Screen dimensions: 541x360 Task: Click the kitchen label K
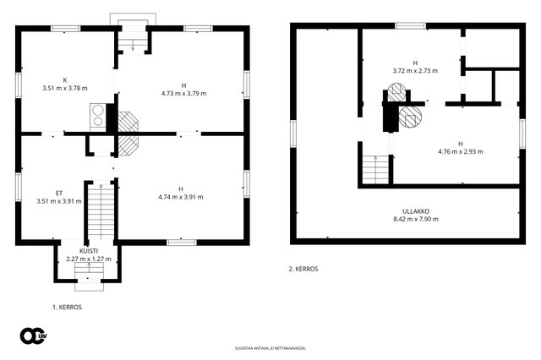tap(65, 80)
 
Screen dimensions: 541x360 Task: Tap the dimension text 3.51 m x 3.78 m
tap(65, 88)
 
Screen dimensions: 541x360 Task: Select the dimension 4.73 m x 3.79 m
tap(184, 94)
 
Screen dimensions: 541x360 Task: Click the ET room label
tap(59, 194)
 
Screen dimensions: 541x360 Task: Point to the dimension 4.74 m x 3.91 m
tap(181, 197)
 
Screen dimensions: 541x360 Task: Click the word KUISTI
tap(89, 251)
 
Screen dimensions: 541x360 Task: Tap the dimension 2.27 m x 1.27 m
tap(89, 259)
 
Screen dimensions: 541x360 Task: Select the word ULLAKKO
tap(416, 211)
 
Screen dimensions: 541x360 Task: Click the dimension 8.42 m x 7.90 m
tap(416, 219)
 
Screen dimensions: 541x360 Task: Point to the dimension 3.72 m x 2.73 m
tap(415, 71)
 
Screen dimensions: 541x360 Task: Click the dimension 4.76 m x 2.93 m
tap(461, 151)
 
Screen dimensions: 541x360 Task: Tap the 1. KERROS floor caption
tap(68, 308)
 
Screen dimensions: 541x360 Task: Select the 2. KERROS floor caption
tap(303, 269)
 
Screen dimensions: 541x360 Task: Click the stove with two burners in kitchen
tap(98, 117)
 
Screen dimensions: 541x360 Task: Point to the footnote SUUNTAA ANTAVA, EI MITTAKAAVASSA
tap(270, 348)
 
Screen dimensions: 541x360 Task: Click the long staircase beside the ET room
tap(101, 211)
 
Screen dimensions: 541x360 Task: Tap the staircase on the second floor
tap(375, 170)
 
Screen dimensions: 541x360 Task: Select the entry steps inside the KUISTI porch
tap(89, 270)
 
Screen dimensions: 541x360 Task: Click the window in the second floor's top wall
tap(410, 26)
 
